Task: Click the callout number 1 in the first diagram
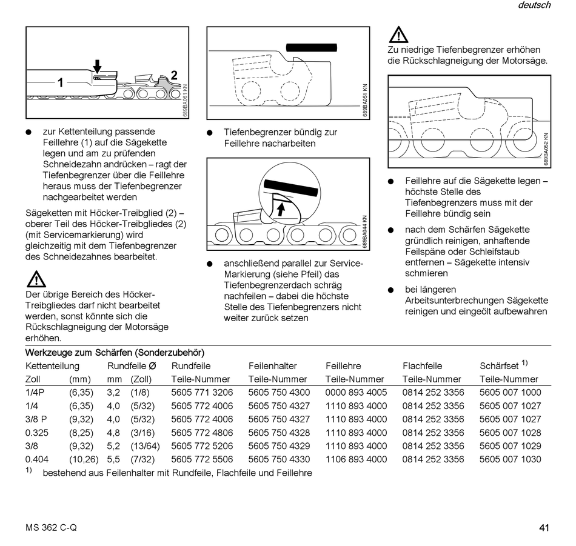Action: tap(61, 82)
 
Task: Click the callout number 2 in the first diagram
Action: tap(174, 75)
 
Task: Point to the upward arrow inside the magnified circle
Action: tap(281, 210)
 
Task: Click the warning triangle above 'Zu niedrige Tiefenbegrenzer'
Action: tap(398, 35)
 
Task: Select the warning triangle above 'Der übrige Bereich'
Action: tap(36, 279)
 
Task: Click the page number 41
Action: tap(544, 527)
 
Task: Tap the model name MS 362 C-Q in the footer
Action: tap(51, 527)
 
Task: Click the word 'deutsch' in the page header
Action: tap(534, 5)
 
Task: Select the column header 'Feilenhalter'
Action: tap(273, 366)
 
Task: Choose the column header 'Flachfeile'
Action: tap(423, 366)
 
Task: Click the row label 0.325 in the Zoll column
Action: tap(37, 433)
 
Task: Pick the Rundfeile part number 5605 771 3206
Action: tap(202, 393)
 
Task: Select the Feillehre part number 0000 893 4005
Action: tap(356, 393)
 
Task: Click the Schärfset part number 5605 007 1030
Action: tap(510, 459)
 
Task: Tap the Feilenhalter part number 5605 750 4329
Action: tap(279, 446)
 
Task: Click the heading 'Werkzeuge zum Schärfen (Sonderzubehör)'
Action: tap(115, 352)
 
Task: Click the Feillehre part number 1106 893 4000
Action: tap(356, 459)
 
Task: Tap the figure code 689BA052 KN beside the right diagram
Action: tap(546, 149)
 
